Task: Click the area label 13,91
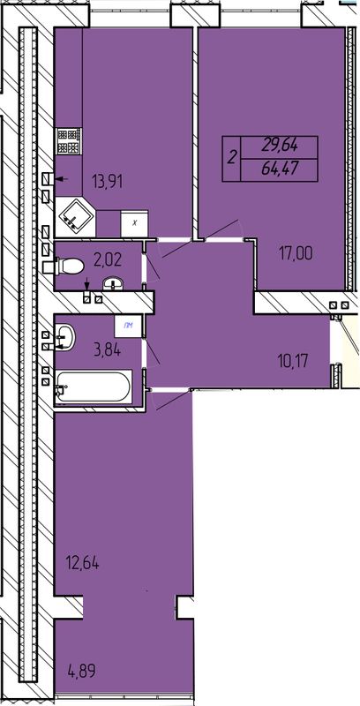click(x=107, y=182)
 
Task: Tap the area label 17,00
click(x=296, y=253)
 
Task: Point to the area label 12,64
click(x=82, y=562)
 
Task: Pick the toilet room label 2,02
click(x=108, y=259)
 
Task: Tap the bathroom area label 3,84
click(x=106, y=349)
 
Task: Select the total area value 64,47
click(x=281, y=169)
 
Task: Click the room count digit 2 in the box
click(x=232, y=159)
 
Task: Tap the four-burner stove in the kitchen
click(x=69, y=141)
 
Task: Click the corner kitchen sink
click(x=74, y=217)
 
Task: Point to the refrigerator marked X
click(x=134, y=223)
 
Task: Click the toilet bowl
click(x=68, y=266)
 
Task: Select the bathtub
click(x=94, y=387)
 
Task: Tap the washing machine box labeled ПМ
click(x=129, y=327)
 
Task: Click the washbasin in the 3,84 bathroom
click(x=64, y=336)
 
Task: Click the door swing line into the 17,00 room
click(x=199, y=238)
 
